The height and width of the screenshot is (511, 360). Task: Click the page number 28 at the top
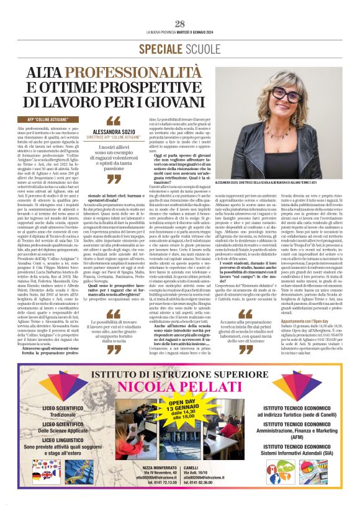(180, 24)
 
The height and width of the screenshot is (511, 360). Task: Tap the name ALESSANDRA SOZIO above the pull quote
(114, 132)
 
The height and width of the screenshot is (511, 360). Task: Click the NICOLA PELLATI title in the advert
(179, 388)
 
